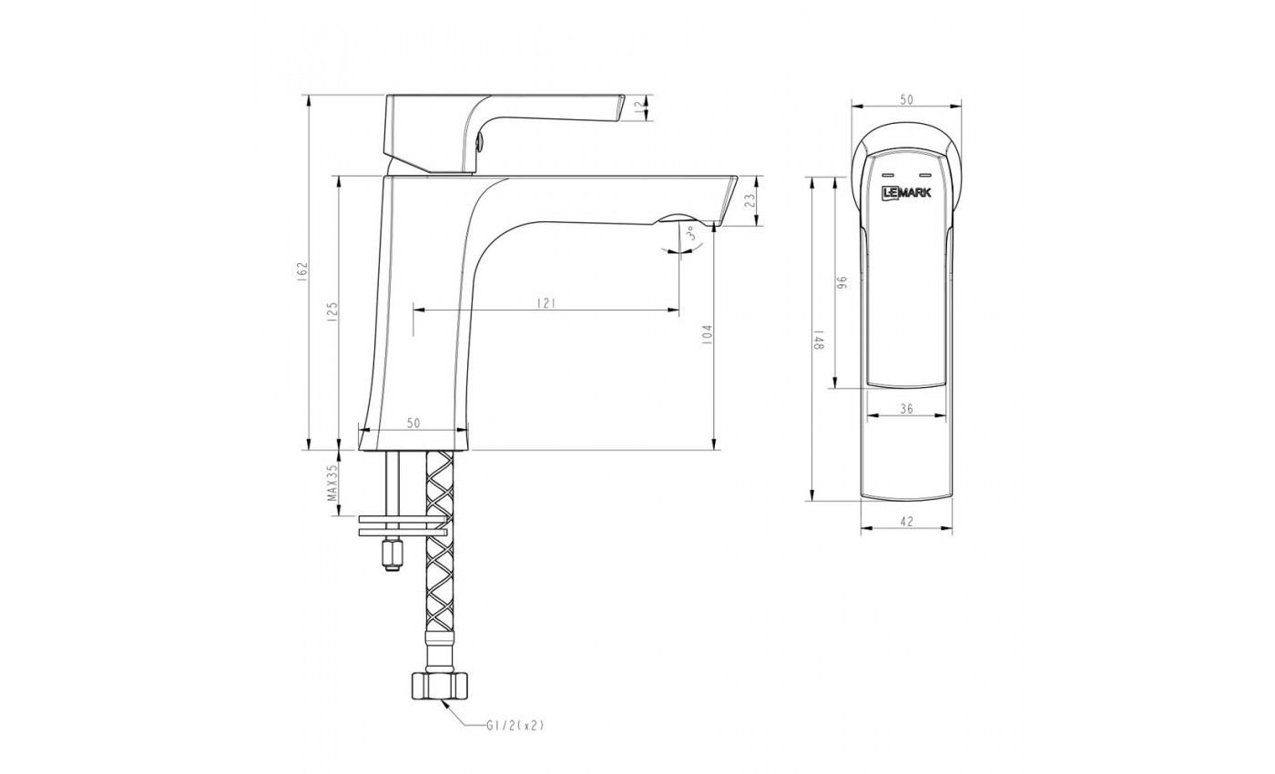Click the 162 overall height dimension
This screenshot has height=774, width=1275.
[303, 270]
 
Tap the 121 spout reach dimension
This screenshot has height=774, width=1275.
[546, 303]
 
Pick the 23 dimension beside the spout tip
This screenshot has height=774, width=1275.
[750, 201]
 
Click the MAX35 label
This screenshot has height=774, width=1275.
[332, 483]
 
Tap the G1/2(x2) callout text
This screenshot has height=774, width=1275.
[515, 725]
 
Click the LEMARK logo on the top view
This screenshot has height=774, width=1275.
[906, 192]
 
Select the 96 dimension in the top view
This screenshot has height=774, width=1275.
[842, 283]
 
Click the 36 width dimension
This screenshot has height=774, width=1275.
[906, 410]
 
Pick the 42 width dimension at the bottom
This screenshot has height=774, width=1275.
[906, 522]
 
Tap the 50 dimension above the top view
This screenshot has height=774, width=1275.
[906, 100]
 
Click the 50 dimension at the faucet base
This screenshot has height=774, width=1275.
[413, 423]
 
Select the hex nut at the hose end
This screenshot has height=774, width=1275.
[440, 687]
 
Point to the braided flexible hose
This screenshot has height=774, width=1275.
[440, 565]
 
